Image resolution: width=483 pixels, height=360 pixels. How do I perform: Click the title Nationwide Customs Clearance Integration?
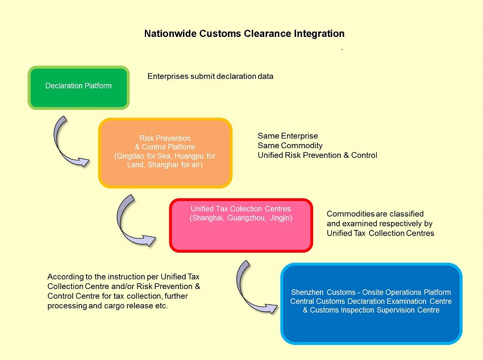[x=244, y=34]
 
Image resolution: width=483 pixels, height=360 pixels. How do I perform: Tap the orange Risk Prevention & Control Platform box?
[x=165, y=152]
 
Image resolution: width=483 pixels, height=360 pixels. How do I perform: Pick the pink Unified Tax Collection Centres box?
[x=241, y=224]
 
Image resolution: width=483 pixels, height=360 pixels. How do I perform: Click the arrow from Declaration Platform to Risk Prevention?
[x=68, y=142]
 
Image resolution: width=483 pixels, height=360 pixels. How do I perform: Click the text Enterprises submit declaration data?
[x=210, y=76]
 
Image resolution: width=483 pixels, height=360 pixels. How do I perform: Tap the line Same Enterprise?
[x=288, y=136]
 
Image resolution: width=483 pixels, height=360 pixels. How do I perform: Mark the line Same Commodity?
[x=290, y=145]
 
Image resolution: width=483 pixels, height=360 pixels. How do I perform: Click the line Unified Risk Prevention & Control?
[x=317, y=155]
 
